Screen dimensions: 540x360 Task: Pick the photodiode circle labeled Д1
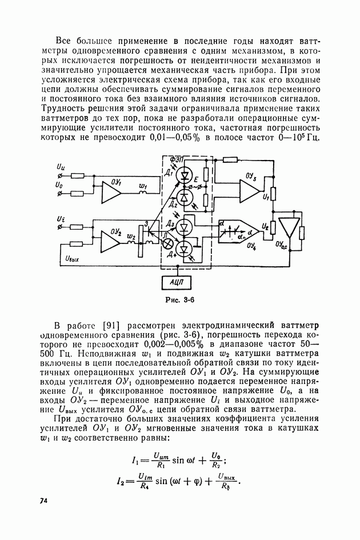click(183, 174)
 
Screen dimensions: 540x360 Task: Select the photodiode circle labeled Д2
click(183, 197)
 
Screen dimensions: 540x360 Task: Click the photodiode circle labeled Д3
click(183, 227)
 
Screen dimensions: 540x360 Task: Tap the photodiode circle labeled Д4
click(183, 249)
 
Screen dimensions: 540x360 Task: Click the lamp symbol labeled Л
click(169, 242)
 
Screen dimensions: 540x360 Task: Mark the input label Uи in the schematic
click(61, 166)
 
